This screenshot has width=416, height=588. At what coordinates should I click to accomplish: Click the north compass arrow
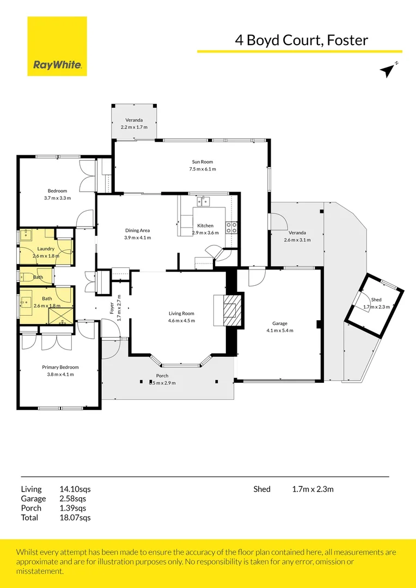[x=388, y=70]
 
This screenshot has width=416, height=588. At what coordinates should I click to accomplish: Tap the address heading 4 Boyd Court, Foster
[x=301, y=40]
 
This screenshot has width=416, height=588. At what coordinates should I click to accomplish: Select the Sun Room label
[x=202, y=162]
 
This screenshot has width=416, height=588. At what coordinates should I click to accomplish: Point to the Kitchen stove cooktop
[x=231, y=228]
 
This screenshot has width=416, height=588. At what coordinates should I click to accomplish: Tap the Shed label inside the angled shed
[x=376, y=300]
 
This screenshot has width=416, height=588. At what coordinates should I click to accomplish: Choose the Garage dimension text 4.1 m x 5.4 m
[x=279, y=330]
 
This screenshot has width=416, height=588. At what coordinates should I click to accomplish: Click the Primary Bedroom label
[x=60, y=367]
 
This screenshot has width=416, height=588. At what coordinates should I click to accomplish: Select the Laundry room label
[x=46, y=249]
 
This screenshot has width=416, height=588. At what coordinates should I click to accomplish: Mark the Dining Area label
[x=137, y=230]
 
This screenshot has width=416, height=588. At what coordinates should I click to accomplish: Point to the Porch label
[x=162, y=376]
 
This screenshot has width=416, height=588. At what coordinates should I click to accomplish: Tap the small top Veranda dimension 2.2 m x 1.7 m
[x=134, y=127]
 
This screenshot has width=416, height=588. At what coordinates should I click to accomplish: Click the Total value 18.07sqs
[x=75, y=518]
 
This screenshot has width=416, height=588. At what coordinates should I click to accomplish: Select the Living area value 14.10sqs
[x=75, y=489]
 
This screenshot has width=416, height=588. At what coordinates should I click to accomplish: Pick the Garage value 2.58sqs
[x=72, y=498]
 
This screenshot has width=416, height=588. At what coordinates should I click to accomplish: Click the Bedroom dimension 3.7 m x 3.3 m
[x=57, y=198]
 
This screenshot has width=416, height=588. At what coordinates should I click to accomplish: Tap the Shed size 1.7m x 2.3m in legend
[x=313, y=489]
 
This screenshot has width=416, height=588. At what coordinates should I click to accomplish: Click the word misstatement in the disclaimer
[x=40, y=571]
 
